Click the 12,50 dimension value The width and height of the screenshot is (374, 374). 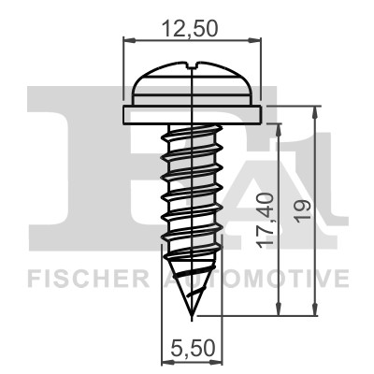point(190,29)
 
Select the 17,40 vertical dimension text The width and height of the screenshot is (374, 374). point(265,221)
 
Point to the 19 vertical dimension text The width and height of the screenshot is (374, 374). point(304,209)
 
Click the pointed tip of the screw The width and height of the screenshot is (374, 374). point(192,320)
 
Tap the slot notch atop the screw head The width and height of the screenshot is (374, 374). point(193,65)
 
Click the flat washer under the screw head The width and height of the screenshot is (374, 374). point(192,115)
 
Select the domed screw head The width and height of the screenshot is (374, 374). point(193,83)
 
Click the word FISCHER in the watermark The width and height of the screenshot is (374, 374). point(88,279)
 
